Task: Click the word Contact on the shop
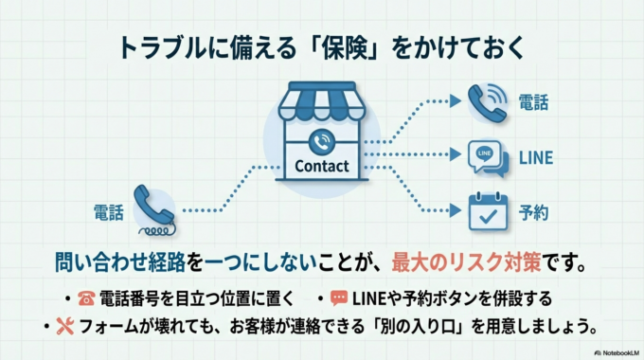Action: pos(322,167)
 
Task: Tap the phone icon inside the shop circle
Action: pos(322,141)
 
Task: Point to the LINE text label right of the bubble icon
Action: pos(536,158)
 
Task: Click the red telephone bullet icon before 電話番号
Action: pos(86,299)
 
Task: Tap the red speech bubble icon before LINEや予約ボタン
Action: pos(338,299)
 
